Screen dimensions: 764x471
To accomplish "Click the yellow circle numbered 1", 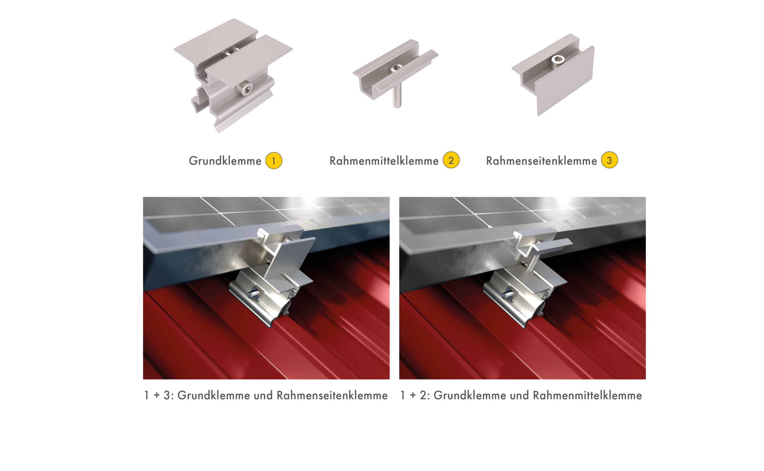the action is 274,161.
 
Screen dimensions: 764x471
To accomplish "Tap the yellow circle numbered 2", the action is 451,160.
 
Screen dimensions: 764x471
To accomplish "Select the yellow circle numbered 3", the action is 609,160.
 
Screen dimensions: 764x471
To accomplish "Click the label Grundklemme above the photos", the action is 225,161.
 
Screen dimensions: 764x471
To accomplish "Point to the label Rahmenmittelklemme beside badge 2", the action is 384,161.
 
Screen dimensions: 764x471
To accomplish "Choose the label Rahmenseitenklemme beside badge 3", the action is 542,161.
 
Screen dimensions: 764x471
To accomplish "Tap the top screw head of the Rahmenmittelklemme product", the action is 396,67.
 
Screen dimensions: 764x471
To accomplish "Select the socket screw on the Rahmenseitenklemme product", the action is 557,59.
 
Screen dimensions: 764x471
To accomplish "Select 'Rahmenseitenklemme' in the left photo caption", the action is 332,395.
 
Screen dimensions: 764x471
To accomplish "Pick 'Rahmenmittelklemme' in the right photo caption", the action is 587,395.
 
